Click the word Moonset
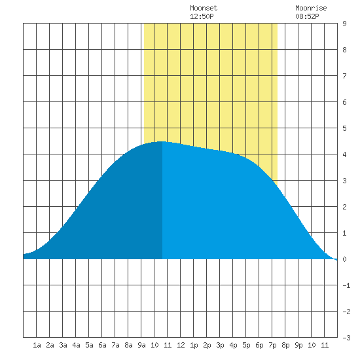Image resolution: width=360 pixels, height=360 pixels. (204, 8)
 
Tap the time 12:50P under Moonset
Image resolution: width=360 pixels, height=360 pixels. (202, 16)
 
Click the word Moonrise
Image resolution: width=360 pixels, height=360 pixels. (311, 8)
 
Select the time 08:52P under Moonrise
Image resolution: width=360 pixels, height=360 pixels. (307, 16)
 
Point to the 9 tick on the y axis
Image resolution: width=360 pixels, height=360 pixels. (344, 24)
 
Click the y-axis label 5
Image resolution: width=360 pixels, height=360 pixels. (344, 128)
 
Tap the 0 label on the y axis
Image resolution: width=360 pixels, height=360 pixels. (344, 259)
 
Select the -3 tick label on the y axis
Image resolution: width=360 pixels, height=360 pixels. (346, 338)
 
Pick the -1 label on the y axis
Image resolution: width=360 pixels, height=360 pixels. (346, 285)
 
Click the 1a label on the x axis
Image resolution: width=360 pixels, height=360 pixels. (37, 345)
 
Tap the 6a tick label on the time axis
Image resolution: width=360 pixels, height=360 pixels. (102, 345)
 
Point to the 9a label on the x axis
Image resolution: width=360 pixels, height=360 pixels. (141, 345)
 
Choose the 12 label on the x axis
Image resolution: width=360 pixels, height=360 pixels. (181, 345)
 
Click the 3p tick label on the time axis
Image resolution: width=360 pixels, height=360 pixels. (220, 345)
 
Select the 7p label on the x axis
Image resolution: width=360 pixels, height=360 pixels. (272, 345)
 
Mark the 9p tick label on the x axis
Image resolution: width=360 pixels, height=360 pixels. (298, 345)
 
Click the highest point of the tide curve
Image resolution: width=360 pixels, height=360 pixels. (162, 141)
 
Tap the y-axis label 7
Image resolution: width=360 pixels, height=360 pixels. (344, 76)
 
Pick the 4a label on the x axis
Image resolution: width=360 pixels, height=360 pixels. (76, 345)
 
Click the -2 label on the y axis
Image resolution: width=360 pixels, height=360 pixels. (346, 312)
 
